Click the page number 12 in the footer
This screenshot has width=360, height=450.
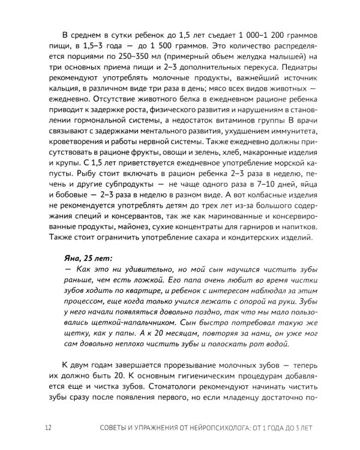[x=48, y=428]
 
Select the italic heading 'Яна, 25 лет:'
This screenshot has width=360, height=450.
[x=91, y=257]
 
